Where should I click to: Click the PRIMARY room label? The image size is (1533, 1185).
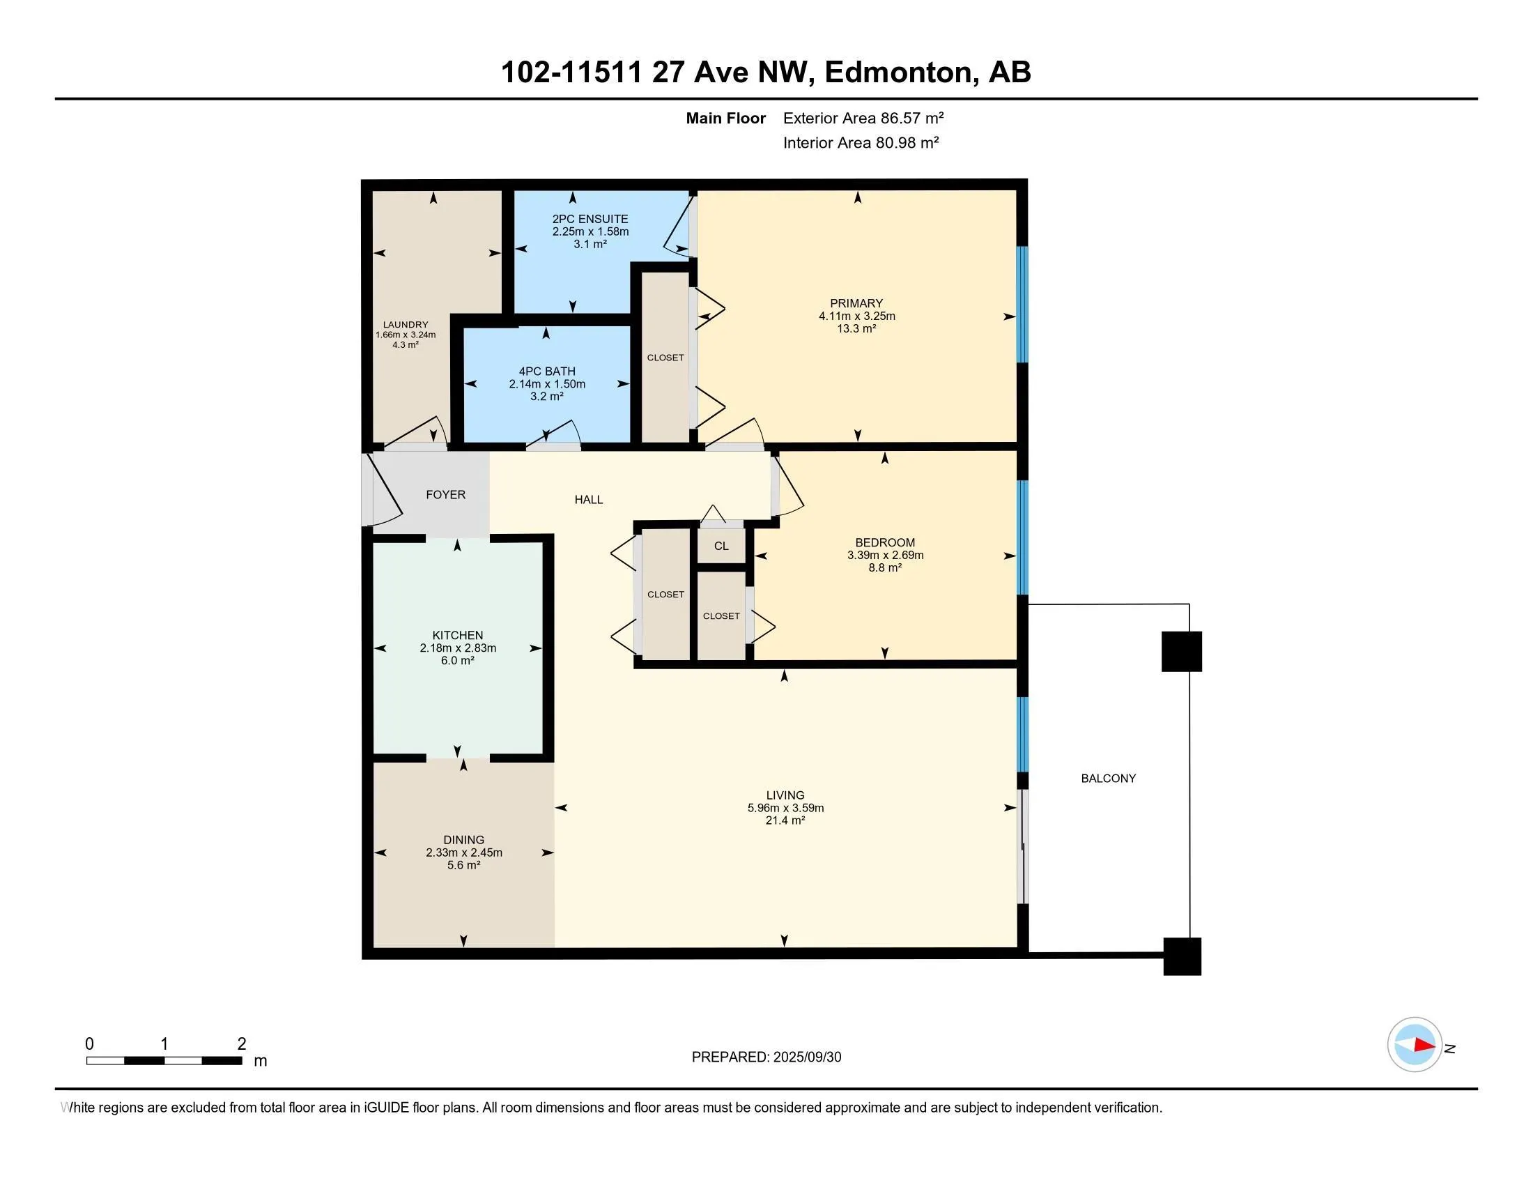pos(856,303)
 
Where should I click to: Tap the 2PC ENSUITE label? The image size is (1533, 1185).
pos(590,219)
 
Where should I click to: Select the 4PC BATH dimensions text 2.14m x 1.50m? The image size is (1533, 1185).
pos(547,384)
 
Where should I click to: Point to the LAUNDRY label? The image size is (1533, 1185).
pos(406,324)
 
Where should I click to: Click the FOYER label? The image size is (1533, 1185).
pos(446,495)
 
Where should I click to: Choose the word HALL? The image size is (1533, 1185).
pos(589,500)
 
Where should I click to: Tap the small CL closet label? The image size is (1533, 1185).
pos(722,546)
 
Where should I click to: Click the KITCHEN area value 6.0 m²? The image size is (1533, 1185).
pos(458,661)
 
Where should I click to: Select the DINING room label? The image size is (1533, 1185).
pos(464,840)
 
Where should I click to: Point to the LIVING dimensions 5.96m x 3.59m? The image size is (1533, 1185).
pos(785,808)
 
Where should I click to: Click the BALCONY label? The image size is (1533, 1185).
pos(1109,779)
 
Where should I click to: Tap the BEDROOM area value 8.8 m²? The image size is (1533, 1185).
pos(885,567)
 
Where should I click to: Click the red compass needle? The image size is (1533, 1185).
pos(1424,1046)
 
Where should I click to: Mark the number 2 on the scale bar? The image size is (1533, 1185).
pos(242,1044)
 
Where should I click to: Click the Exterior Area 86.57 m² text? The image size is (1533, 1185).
pos(863,118)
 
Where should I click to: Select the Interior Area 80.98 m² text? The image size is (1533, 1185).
pos(861,142)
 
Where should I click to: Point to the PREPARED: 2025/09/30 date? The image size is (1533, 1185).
pos(766,1057)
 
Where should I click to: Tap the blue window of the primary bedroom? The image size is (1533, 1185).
pos(1023,304)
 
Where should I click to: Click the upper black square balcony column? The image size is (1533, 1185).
pos(1182,652)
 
